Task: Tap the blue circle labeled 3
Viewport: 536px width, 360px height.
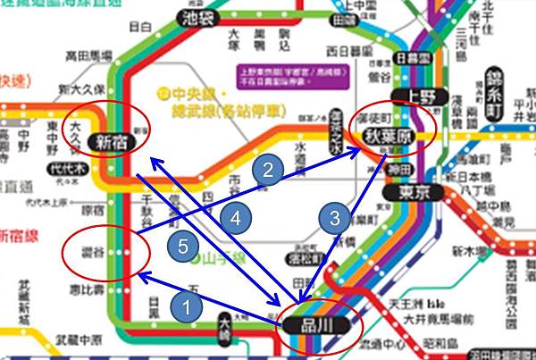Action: pyautogui.click(x=333, y=218)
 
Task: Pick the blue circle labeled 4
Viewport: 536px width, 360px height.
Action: pyautogui.click(x=234, y=217)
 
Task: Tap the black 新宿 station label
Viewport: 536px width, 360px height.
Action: pyautogui.click(x=113, y=142)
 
